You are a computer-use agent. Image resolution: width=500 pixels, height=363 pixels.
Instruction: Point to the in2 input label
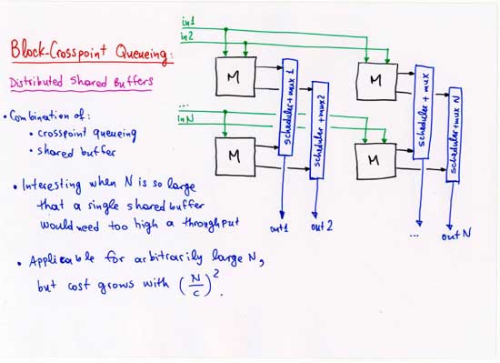188,37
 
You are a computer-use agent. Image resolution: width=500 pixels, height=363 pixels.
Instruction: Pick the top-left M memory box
235,77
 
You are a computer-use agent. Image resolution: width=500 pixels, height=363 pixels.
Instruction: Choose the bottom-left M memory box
235,156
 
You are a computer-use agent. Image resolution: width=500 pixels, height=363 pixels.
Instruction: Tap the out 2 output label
324,227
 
